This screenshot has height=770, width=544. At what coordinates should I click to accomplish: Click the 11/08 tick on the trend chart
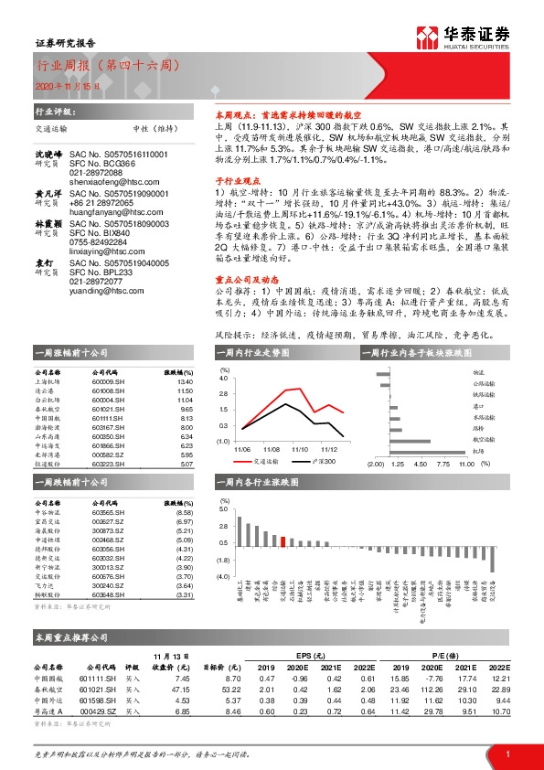point(272,450)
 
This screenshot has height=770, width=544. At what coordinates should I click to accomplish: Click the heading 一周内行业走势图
point(249,352)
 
